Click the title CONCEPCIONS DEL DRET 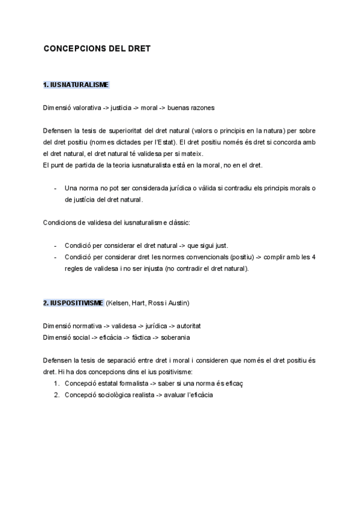tap(96, 49)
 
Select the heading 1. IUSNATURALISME tap(76, 85)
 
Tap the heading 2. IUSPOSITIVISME tap(73, 302)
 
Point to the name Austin tap(179, 302)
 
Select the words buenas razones tap(191, 108)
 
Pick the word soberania tap(176, 337)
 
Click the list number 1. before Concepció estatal tap(56, 383)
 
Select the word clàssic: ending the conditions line tap(178, 222)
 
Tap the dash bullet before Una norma tap(55, 187)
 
